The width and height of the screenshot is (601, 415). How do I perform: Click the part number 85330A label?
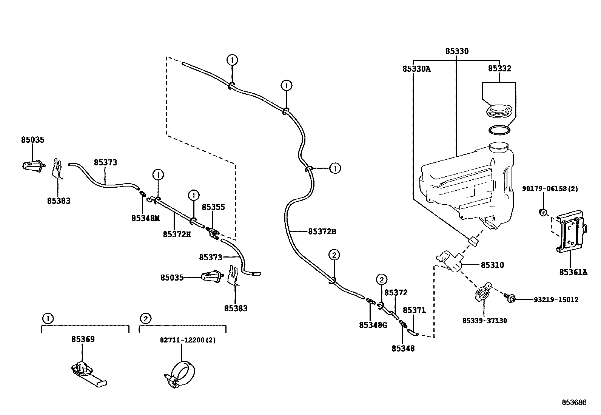[x=416, y=69]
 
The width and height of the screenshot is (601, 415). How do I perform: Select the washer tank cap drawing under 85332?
[x=499, y=112]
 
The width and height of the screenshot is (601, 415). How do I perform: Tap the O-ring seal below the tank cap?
[x=499, y=130]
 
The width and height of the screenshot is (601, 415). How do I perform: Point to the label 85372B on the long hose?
[x=322, y=231]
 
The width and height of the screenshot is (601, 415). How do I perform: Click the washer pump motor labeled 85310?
[x=451, y=261]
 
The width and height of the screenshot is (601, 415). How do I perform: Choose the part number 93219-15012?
[x=556, y=299]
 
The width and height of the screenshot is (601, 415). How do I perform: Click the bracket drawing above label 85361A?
[x=571, y=232]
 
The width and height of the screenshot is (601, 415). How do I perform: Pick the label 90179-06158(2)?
[x=550, y=188]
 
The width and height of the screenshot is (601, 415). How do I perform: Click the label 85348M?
[x=146, y=218]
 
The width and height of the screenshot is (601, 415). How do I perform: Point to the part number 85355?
[x=213, y=207]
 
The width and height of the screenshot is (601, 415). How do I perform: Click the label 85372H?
[x=177, y=234]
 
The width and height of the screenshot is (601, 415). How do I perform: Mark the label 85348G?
[x=373, y=325]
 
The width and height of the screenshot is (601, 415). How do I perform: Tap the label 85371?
[x=414, y=310]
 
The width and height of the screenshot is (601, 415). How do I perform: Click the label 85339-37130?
[x=485, y=321]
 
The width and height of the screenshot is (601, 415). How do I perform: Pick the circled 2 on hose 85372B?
[x=334, y=255]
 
